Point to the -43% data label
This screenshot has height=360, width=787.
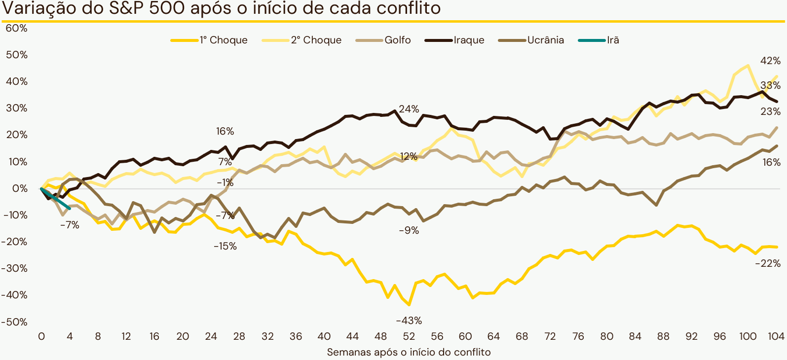pos(409,321)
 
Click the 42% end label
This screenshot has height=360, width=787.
pos(770,61)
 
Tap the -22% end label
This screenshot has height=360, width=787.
pos(768,264)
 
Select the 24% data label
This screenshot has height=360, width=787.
pos(409,109)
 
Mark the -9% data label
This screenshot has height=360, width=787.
pos(409,230)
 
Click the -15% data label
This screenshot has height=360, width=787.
pos(225,246)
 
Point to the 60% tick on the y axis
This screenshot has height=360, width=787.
pos(16,28)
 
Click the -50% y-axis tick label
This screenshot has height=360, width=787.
pos(15,322)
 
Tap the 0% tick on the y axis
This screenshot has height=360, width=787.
pos(20,188)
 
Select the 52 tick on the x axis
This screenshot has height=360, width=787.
pos(409,336)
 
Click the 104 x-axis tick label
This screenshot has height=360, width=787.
pos(776,336)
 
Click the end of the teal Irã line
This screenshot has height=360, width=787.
pos(70,209)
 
